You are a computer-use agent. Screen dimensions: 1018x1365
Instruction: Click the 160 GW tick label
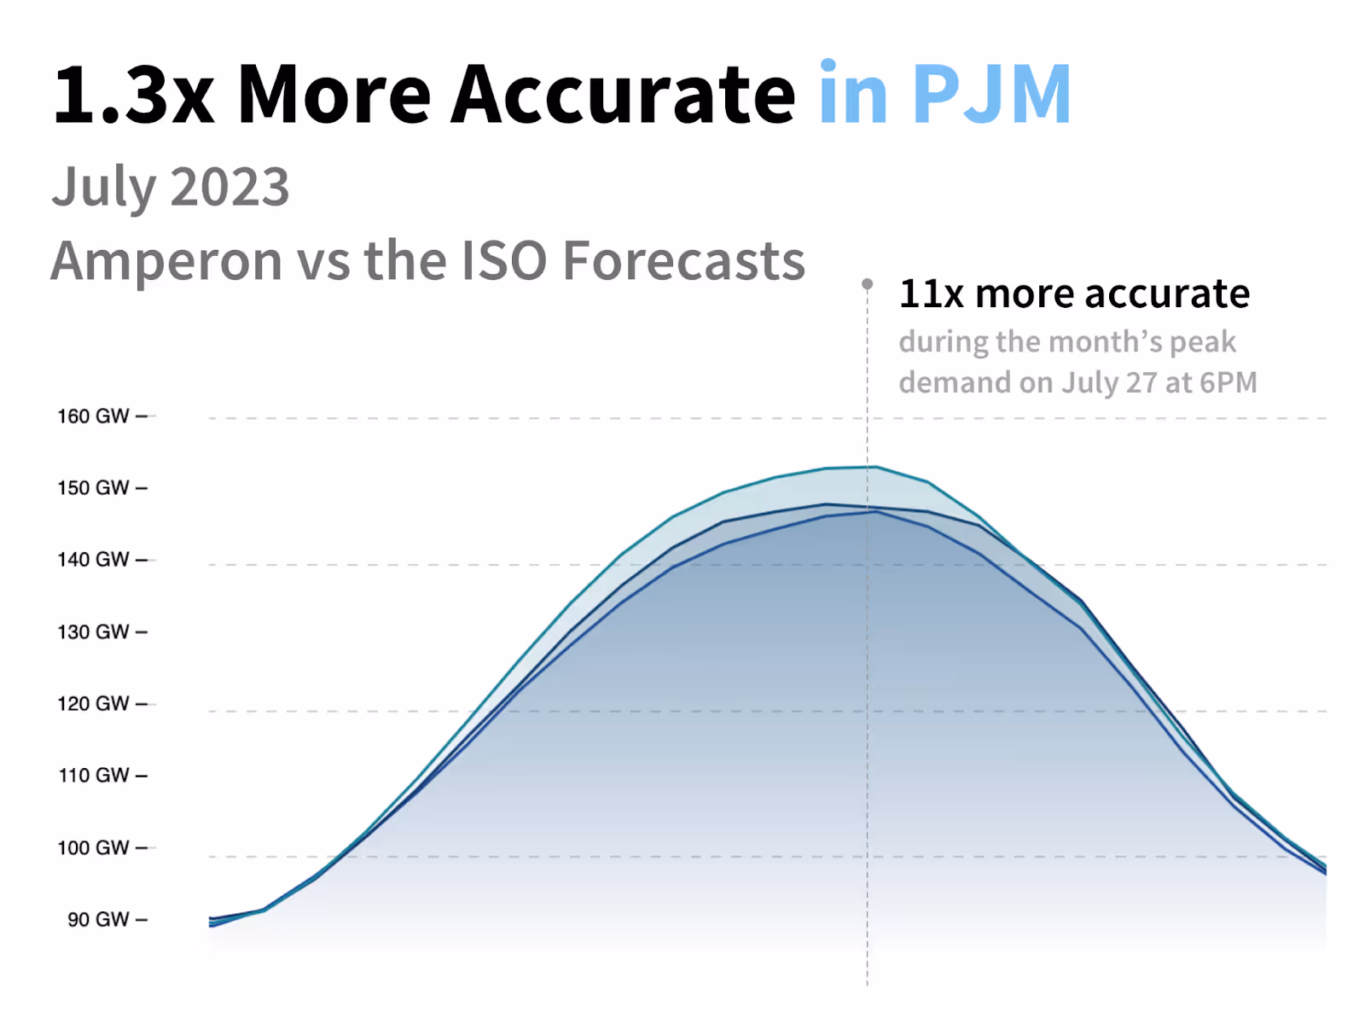[93, 416]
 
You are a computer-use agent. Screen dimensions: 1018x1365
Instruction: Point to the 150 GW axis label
[93, 488]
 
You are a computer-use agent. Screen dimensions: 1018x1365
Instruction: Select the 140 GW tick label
[93, 560]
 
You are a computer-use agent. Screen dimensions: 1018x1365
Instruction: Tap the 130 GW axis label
[93, 632]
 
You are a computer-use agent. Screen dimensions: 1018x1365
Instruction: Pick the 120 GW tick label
[93, 704]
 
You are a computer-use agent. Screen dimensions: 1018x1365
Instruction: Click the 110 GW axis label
[93, 776]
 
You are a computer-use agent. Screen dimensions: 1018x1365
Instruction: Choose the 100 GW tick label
[93, 848]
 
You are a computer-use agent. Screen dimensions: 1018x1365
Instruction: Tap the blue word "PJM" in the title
[991, 95]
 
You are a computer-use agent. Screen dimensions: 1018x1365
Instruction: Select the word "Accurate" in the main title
[623, 95]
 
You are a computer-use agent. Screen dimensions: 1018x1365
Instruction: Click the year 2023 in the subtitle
[230, 187]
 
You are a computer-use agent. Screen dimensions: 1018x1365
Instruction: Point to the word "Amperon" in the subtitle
[166, 261]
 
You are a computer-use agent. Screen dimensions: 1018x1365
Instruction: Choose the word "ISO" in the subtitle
[503, 261]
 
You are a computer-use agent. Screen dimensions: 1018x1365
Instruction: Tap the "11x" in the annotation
[932, 294]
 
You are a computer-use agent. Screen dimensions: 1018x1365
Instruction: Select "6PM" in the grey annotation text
[1228, 382]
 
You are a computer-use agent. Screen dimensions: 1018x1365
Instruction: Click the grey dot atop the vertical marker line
[868, 283]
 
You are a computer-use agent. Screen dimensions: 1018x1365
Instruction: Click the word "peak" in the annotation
[1203, 342]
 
